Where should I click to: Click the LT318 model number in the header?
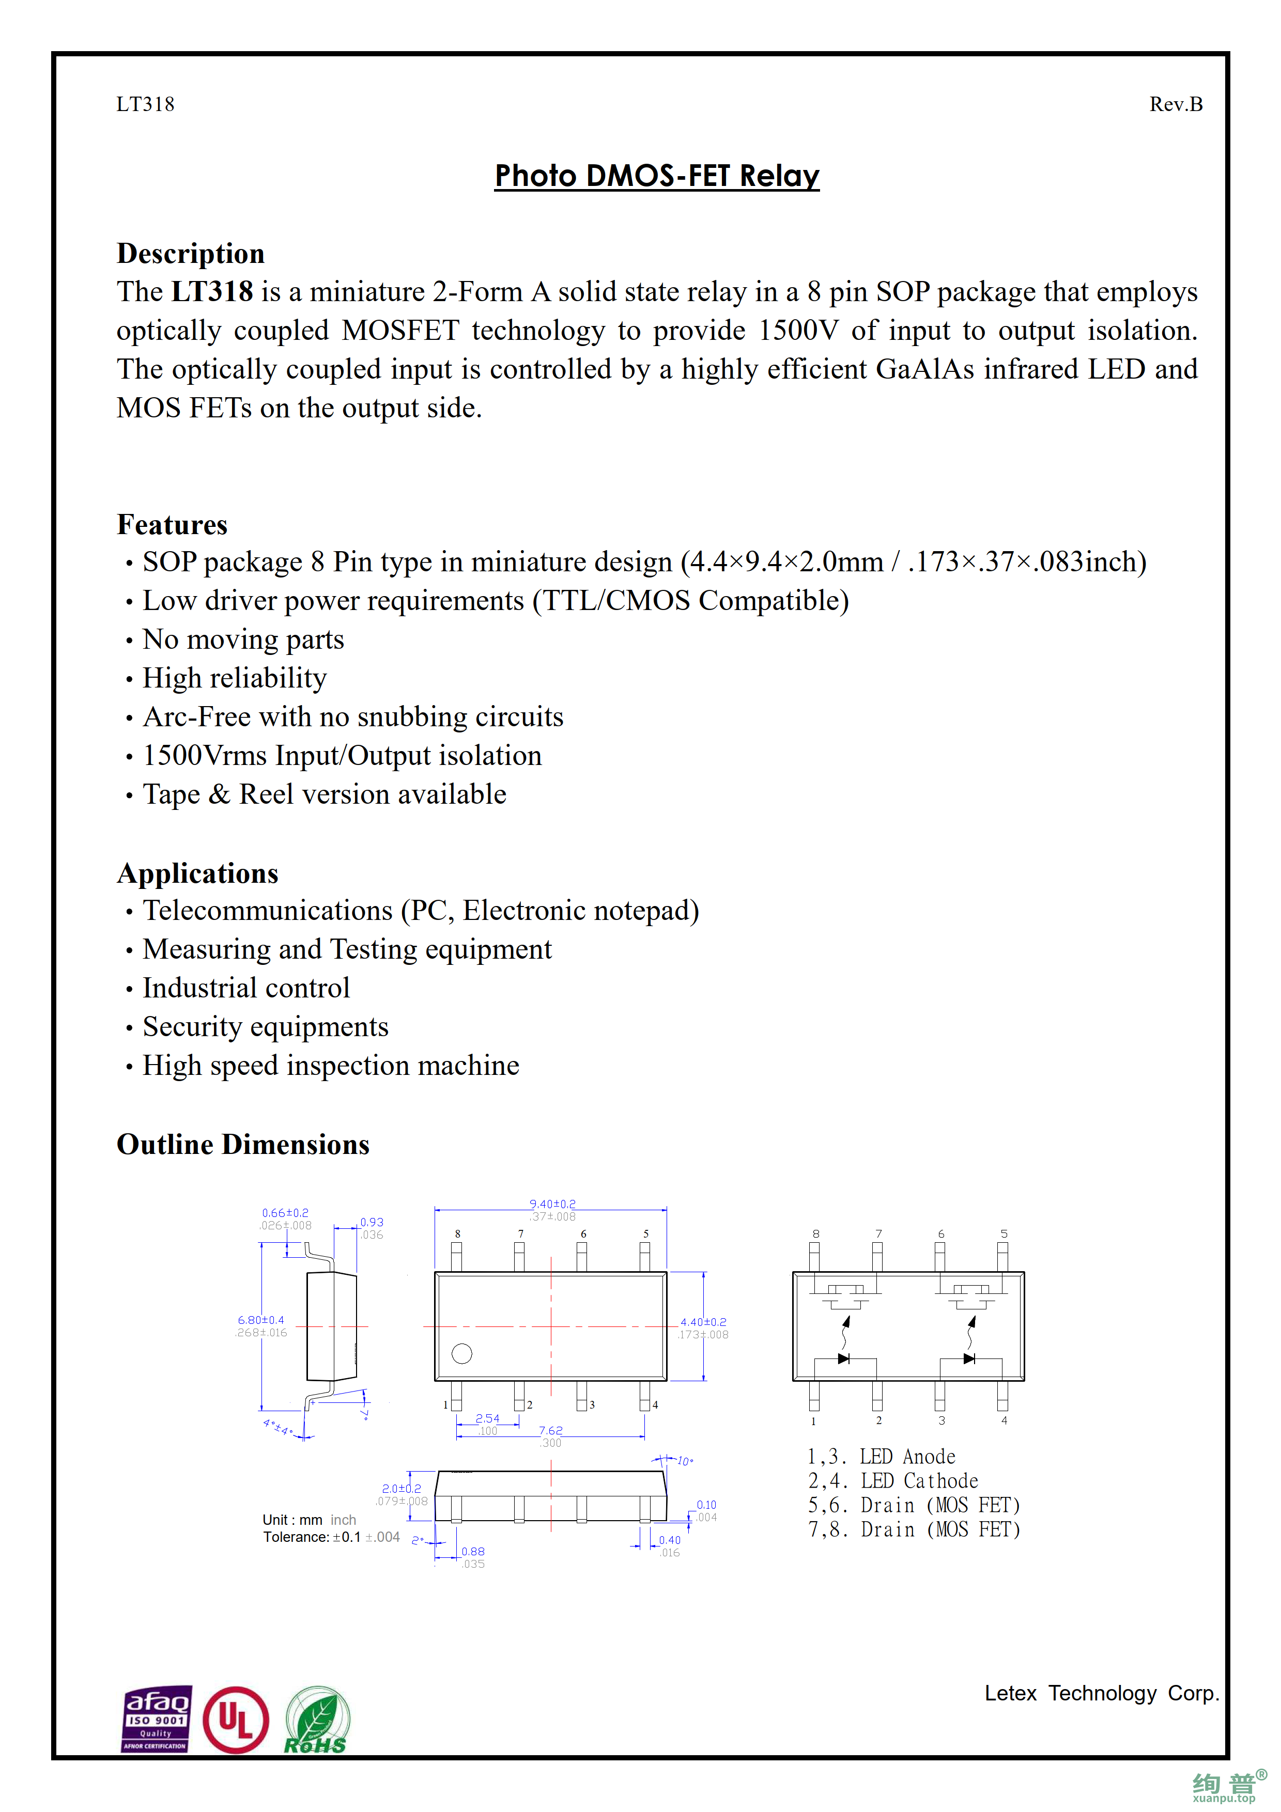(x=145, y=104)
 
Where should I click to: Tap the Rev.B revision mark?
(x=1175, y=104)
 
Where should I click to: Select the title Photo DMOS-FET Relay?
(x=657, y=175)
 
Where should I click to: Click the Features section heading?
(x=172, y=525)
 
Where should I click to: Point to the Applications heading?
(x=197, y=873)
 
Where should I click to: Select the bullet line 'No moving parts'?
(x=243, y=639)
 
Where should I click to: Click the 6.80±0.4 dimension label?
(x=260, y=1320)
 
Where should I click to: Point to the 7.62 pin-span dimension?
(x=551, y=1431)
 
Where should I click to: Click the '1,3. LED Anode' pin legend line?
(x=881, y=1457)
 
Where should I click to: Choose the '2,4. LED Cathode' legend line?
(x=893, y=1481)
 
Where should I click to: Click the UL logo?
(x=235, y=1721)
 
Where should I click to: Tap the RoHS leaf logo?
(x=316, y=1721)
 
